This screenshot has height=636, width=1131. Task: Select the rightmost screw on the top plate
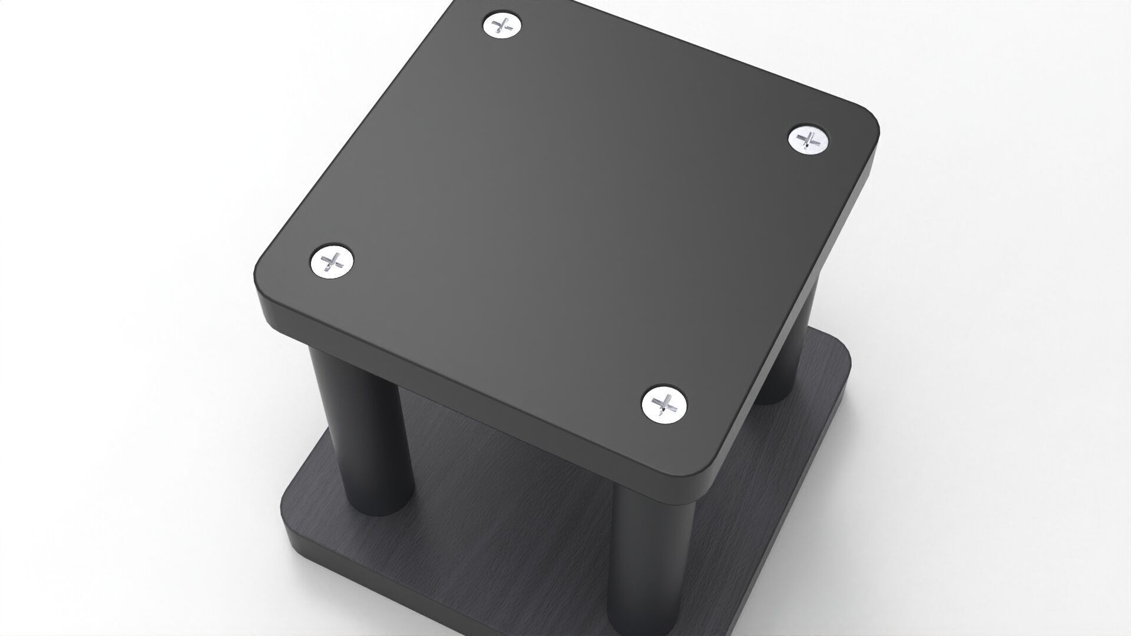808,140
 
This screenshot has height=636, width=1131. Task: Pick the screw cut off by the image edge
502,25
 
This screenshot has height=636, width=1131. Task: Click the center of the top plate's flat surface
565,218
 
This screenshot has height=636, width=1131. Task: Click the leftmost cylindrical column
365,430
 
